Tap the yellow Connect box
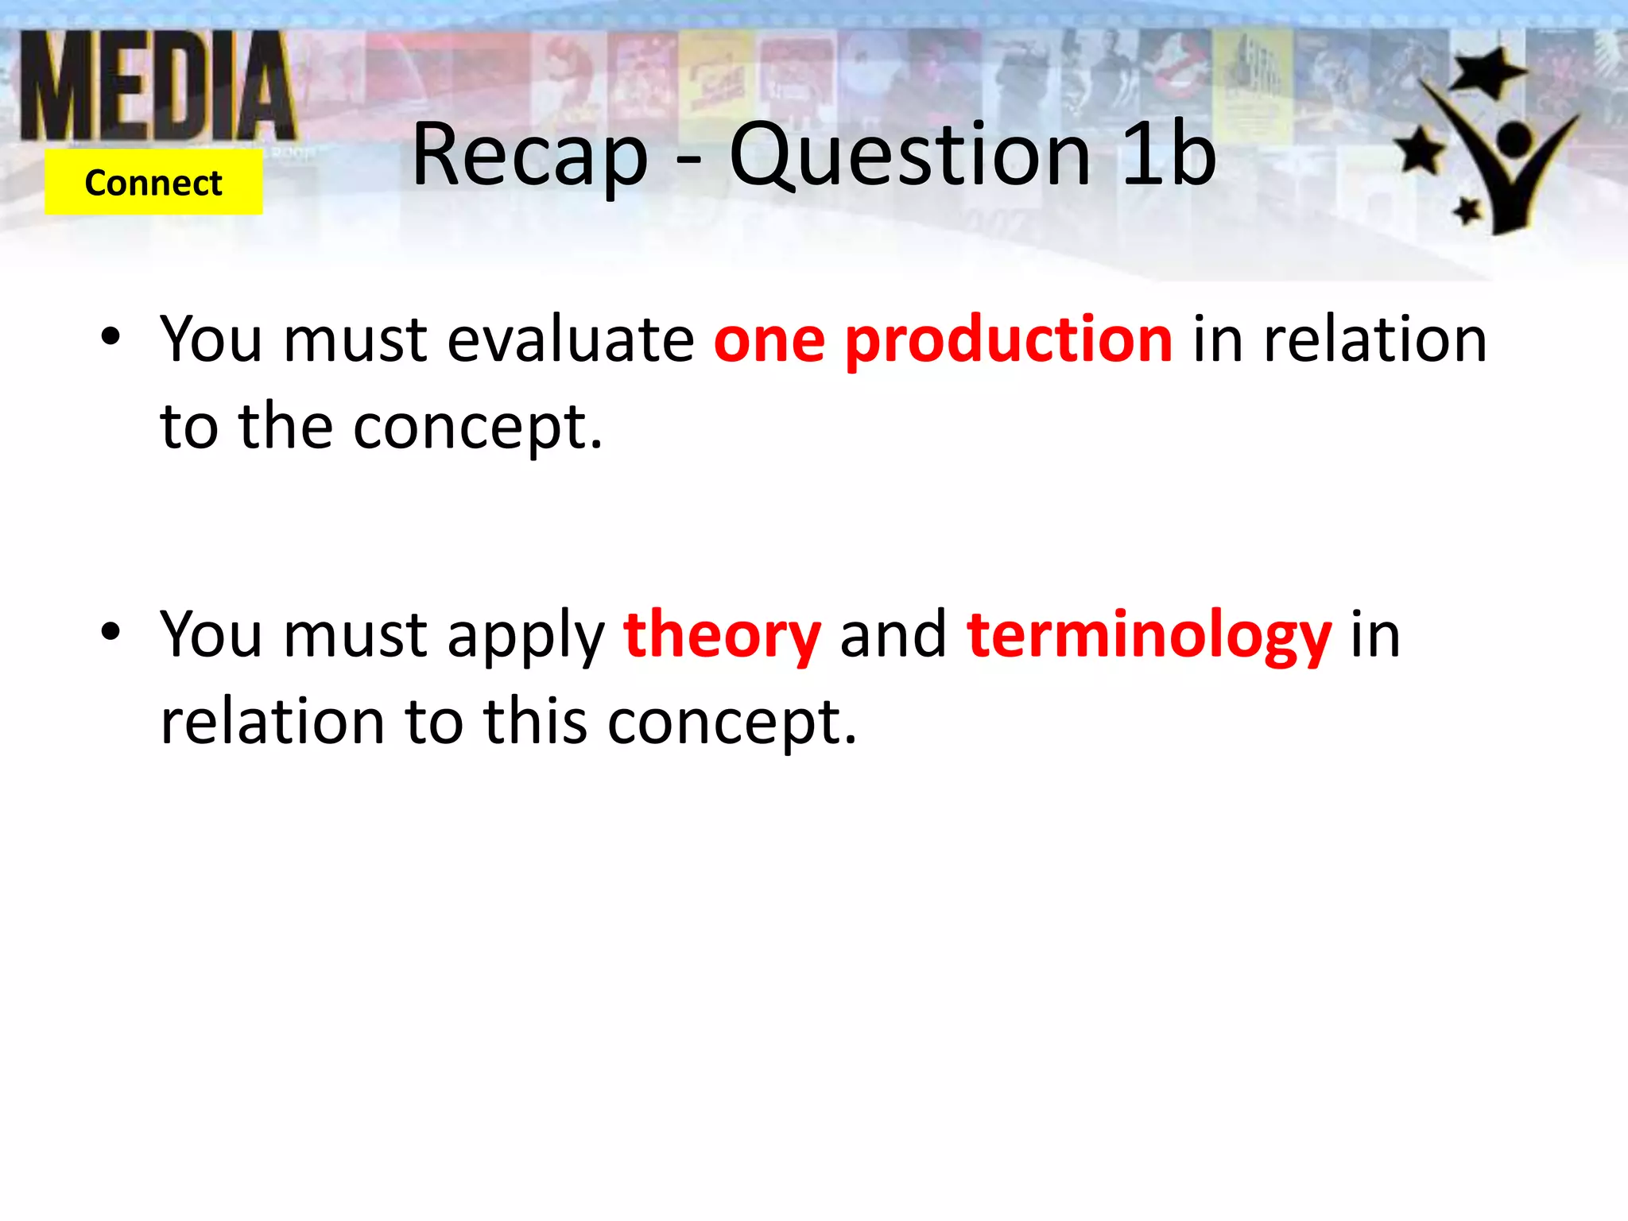[x=153, y=183]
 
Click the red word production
[x=1008, y=340]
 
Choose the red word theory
[x=722, y=636]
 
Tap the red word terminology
[x=1149, y=636]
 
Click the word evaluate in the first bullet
[x=571, y=340]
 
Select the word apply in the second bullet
[x=525, y=636]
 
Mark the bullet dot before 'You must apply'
[x=110, y=631]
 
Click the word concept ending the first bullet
[x=477, y=428]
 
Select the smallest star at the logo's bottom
[x=1467, y=211]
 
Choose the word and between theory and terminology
[x=893, y=636]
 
